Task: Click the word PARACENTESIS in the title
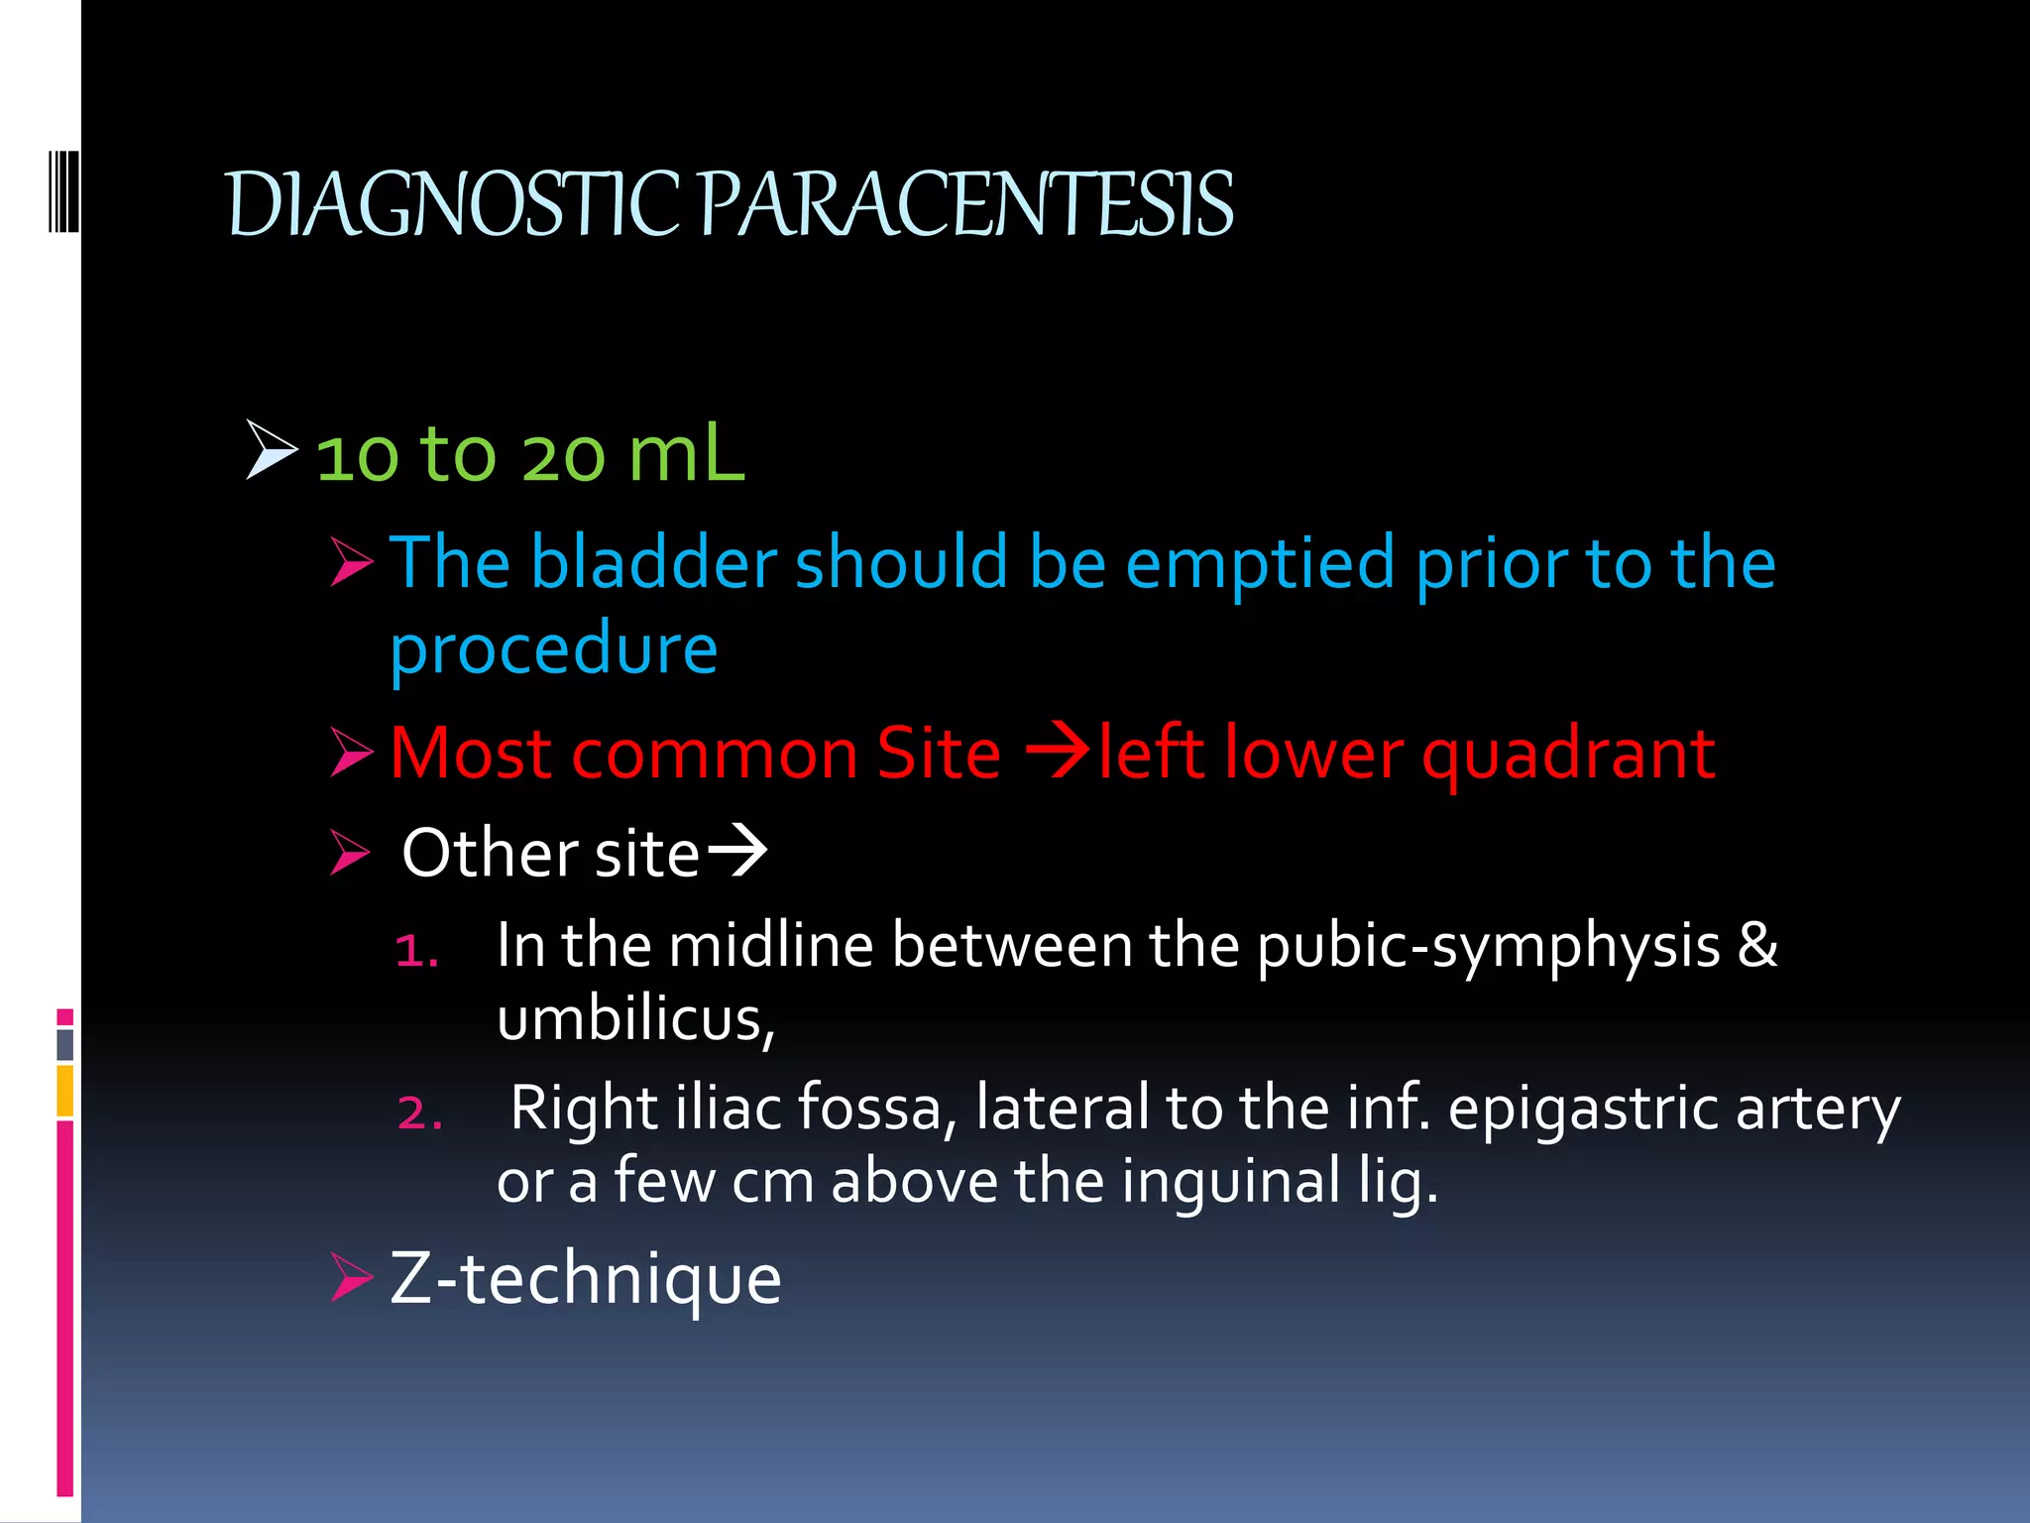click(966, 205)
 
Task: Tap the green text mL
click(686, 454)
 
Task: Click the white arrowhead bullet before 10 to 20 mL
click(271, 449)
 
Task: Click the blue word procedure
click(553, 649)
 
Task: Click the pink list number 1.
click(415, 950)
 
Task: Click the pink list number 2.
click(418, 1113)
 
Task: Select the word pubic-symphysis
click(1488, 946)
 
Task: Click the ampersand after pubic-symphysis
click(1756, 944)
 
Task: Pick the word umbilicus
click(634, 1019)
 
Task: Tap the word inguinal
click(1230, 1182)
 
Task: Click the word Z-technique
click(585, 1278)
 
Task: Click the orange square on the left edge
click(64, 1090)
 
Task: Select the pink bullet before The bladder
click(351, 562)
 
